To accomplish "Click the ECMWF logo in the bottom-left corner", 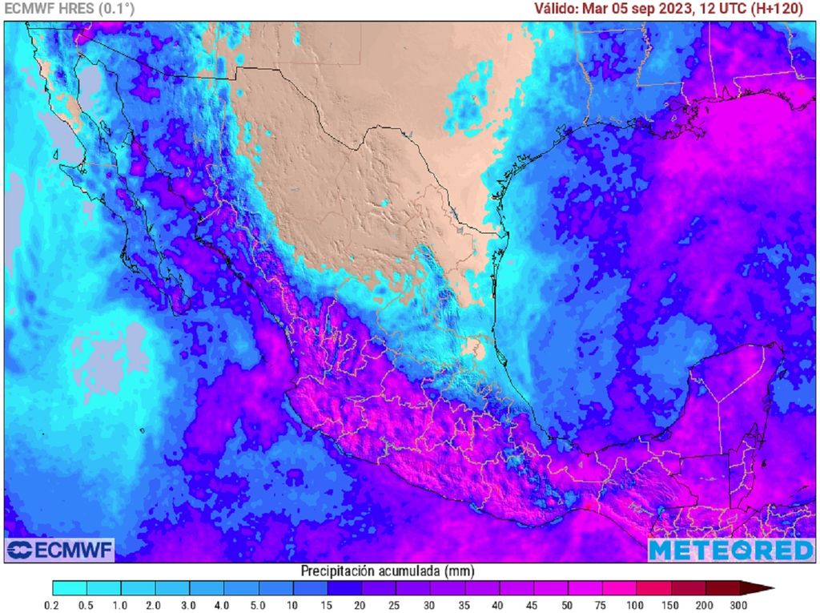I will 60,550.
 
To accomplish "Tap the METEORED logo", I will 730,550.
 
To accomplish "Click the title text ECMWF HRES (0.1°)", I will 70,9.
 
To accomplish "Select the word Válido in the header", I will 557,9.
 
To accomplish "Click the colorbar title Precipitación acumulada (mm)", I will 388,571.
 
